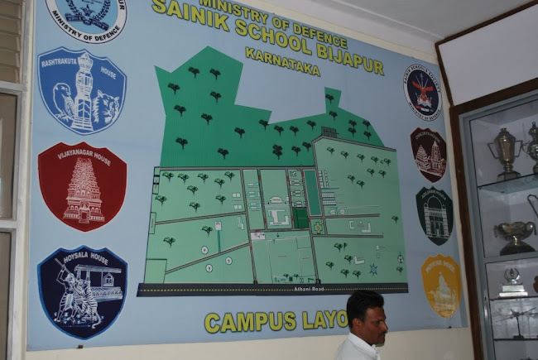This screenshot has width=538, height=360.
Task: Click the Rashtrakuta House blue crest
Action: [x=82, y=91]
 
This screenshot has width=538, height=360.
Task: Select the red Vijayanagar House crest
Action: [x=82, y=187]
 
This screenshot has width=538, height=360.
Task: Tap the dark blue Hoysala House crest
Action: [x=82, y=291]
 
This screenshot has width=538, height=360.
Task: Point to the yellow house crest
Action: [x=440, y=286]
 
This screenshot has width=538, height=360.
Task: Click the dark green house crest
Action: [x=434, y=216]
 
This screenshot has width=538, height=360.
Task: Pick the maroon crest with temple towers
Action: [x=429, y=155]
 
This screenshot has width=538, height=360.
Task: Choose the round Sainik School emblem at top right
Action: [x=422, y=92]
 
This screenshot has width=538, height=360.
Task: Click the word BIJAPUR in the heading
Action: [x=334, y=49]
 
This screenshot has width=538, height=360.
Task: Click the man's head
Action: [x=366, y=315]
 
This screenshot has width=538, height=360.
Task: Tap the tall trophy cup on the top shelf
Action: [x=503, y=153]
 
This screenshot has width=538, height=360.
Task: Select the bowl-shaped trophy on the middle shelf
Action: [x=515, y=235]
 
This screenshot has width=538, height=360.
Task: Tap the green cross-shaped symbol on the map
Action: [x=317, y=226]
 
